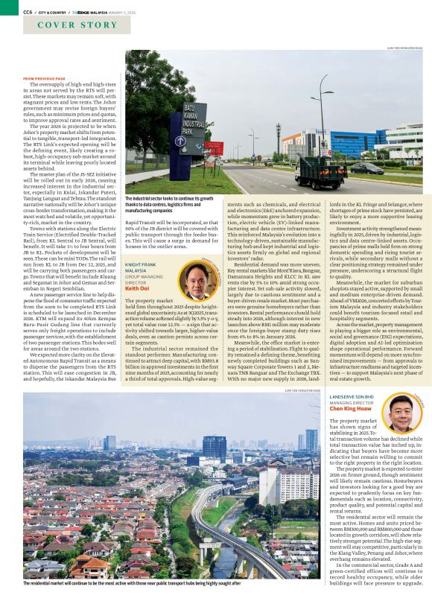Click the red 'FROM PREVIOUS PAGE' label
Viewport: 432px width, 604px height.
44,78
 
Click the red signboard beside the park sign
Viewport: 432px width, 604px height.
215,147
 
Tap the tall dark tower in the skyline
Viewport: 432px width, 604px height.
215,447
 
